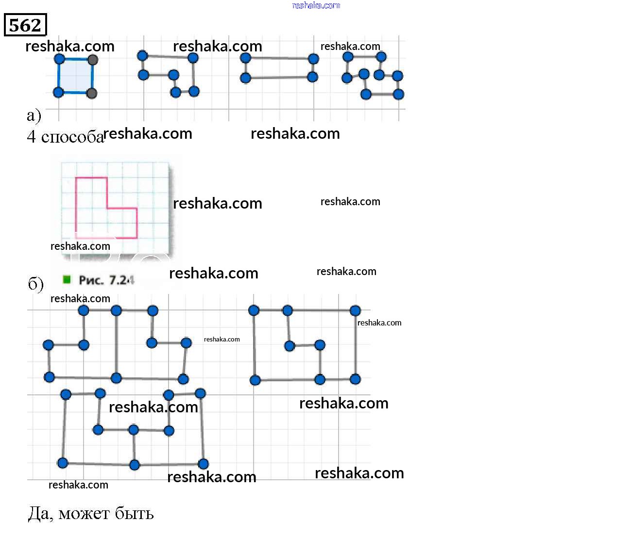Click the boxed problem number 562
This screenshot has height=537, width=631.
[x=25, y=25]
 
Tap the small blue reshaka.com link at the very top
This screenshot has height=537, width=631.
[x=316, y=5]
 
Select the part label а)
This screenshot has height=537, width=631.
[x=34, y=115]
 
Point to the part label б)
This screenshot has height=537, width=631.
[x=35, y=284]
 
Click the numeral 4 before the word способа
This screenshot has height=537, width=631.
[x=31, y=137]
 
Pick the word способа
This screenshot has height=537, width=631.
[x=72, y=137]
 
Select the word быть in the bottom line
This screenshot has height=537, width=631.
[x=133, y=513]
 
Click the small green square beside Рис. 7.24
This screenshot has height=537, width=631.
[x=67, y=279]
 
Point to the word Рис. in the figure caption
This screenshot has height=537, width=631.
[x=91, y=280]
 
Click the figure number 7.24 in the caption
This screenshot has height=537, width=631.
[x=121, y=280]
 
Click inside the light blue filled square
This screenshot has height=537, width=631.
[x=75, y=76]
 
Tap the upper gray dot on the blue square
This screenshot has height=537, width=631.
[x=93, y=60]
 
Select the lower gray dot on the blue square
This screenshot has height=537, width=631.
[x=91, y=93]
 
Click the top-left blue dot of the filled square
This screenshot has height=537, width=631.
[x=59, y=59]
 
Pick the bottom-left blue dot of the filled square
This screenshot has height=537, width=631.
[x=58, y=92]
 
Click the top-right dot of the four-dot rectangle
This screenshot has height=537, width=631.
[x=313, y=59]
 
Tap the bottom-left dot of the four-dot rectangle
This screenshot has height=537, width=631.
[x=246, y=78]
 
